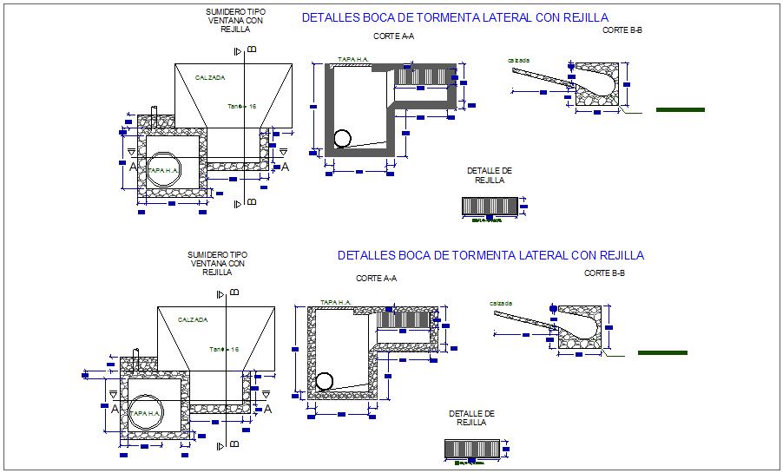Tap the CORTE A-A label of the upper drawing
(393, 36)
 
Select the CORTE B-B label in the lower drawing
(604, 273)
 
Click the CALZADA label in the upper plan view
(210, 78)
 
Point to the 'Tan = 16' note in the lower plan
(224, 349)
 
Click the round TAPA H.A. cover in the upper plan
(162, 170)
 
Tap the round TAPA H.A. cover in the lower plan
(146, 412)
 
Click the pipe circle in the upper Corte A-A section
(343, 139)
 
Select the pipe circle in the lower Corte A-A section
(325, 381)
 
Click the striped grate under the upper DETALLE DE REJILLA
(490, 206)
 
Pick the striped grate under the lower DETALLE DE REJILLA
(471, 448)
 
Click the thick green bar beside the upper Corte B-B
(681, 110)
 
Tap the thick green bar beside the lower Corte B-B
(662, 353)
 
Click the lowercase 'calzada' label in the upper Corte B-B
(520, 60)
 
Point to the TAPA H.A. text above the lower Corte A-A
(335, 302)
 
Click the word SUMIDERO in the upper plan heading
(224, 12)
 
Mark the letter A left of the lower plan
(115, 409)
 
